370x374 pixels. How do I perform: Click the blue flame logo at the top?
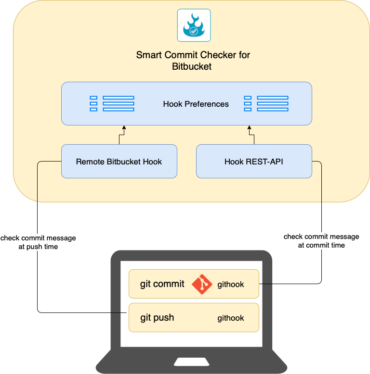click(193, 25)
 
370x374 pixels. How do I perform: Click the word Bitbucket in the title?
click(192, 67)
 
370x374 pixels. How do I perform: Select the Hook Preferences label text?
click(196, 104)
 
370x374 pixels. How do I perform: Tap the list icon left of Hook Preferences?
click(112, 104)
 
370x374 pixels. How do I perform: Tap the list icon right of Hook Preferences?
click(266, 104)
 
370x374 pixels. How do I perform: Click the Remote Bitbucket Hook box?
click(119, 162)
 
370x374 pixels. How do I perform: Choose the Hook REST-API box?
click(254, 162)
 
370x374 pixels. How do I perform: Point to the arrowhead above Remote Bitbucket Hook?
click(124, 128)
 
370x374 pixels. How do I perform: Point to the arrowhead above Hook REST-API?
click(249, 128)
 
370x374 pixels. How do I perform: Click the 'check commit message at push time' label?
click(38, 242)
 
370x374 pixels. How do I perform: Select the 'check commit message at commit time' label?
click(321, 240)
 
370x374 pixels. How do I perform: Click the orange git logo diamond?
click(202, 284)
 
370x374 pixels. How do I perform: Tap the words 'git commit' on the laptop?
click(162, 284)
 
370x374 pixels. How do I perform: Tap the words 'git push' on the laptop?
click(157, 318)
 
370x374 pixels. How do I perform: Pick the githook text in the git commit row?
click(231, 285)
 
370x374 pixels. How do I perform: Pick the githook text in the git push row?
click(231, 318)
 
